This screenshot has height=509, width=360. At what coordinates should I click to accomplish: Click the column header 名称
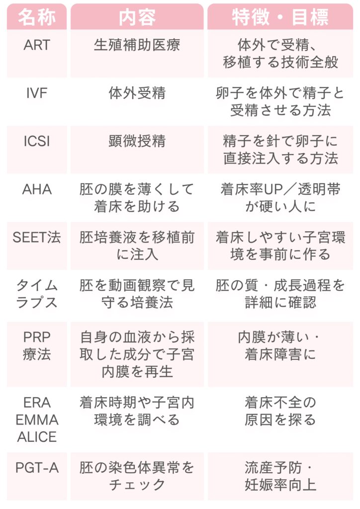click(37, 17)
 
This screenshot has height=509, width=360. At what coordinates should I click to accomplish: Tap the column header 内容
click(137, 17)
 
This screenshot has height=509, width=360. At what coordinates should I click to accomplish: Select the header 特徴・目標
click(280, 17)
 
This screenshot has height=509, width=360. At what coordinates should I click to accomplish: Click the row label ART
click(37, 45)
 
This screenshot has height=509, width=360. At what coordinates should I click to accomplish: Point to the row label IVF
click(37, 93)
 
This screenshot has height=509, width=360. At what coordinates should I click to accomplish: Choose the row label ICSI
click(37, 141)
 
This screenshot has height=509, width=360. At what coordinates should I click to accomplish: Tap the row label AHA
click(37, 189)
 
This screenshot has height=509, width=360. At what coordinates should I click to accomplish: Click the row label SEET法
click(37, 237)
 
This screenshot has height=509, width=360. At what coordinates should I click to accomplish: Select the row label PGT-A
click(37, 468)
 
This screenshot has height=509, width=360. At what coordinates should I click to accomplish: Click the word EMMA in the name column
click(37, 420)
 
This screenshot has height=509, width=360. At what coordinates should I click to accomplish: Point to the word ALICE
click(37, 437)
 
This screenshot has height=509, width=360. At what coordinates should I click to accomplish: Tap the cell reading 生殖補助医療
click(137, 45)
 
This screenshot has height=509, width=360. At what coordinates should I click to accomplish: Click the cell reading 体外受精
click(137, 93)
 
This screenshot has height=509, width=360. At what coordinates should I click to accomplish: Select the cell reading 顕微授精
click(137, 141)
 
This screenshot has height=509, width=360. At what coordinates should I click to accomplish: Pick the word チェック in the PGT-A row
click(137, 485)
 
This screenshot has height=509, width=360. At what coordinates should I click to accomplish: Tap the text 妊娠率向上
click(280, 485)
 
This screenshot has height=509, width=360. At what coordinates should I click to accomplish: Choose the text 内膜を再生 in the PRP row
click(137, 372)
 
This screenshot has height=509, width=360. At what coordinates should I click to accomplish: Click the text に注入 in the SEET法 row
click(137, 254)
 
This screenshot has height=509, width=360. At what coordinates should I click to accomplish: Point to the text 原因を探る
click(280, 420)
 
